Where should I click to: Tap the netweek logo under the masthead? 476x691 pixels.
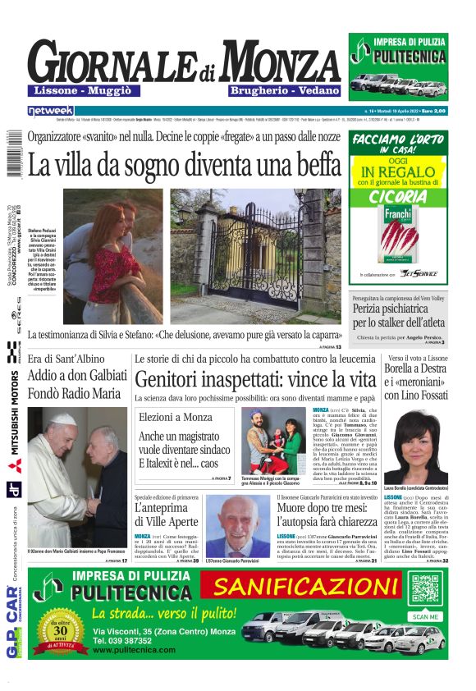(x=50, y=110)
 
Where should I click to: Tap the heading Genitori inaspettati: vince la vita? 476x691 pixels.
(x=255, y=379)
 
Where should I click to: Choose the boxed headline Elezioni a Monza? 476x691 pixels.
(x=175, y=417)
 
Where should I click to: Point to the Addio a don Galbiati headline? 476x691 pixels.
(x=77, y=376)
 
